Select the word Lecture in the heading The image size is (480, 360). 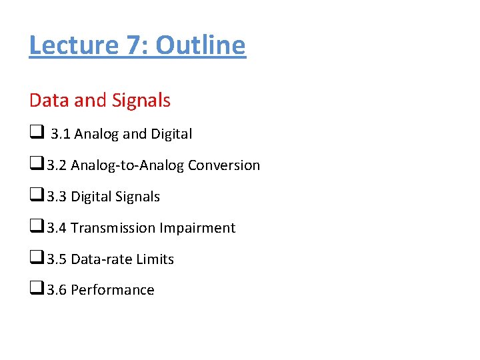73,45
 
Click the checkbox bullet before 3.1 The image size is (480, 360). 35,133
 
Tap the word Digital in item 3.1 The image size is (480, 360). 171,134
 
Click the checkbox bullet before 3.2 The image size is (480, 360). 35,165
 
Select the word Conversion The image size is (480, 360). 224,165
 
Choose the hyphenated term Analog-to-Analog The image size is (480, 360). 127,165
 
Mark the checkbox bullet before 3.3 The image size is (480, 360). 35,196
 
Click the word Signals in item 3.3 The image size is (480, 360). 137,197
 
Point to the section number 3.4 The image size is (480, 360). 57,228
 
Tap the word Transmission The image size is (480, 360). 113,228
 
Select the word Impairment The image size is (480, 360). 197,228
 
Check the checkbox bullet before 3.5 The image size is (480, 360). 35,259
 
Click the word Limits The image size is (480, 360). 155,259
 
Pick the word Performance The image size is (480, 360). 112,290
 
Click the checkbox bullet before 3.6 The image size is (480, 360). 35,289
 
